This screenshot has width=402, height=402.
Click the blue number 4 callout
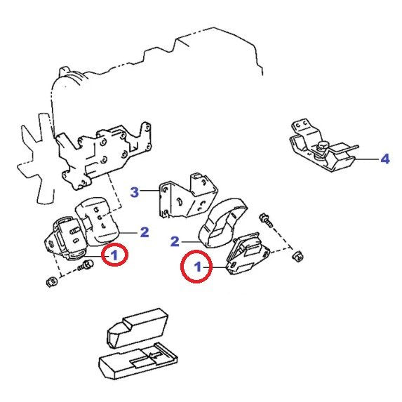point(385,159)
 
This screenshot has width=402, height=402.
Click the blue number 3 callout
point(135,192)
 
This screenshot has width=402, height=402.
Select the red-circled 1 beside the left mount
point(114,255)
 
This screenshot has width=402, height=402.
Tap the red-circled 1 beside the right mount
point(196,267)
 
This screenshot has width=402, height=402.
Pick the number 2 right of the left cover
point(145,232)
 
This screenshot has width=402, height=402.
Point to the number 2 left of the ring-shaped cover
point(175,241)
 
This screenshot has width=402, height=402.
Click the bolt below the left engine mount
point(86,265)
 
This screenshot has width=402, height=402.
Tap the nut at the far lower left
point(52,281)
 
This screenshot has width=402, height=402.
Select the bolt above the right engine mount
point(266,220)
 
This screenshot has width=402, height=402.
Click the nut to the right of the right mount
point(297,256)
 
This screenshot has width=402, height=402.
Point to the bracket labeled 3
point(188,196)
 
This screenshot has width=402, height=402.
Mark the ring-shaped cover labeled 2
point(223,222)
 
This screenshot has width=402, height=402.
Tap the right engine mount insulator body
point(247,253)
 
